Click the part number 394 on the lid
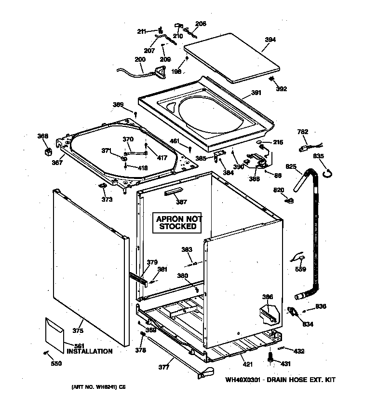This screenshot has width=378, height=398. pyautogui.click(x=270, y=40)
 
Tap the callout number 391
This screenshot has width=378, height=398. pyautogui.click(x=256, y=93)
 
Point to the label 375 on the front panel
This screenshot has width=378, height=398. pyautogui.click(x=78, y=330)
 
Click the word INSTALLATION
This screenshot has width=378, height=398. pyautogui.click(x=89, y=351)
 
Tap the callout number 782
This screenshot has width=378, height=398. pyautogui.click(x=303, y=132)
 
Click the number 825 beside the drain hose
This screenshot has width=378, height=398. pyautogui.click(x=291, y=166)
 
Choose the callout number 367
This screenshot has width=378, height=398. pyautogui.click(x=57, y=163)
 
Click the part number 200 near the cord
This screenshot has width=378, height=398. pyautogui.click(x=140, y=59)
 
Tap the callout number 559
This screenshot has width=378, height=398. pyautogui.click(x=300, y=269)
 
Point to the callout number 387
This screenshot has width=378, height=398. pyautogui.click(x=181, y=203)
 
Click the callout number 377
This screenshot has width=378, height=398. pyautogui.click(x=163, y=368)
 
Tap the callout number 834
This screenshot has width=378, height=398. pyautogui.click(x=308, y=324)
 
